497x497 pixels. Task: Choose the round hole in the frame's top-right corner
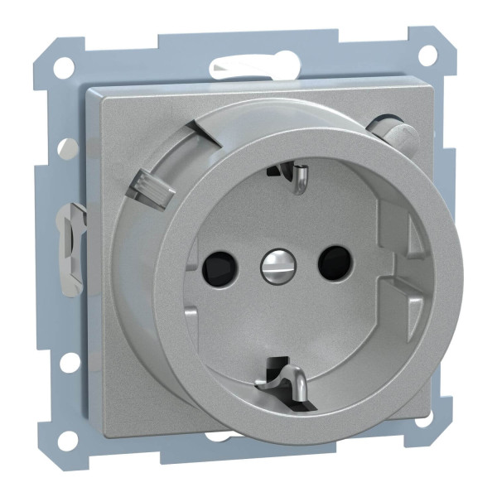[x=428, y=55]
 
